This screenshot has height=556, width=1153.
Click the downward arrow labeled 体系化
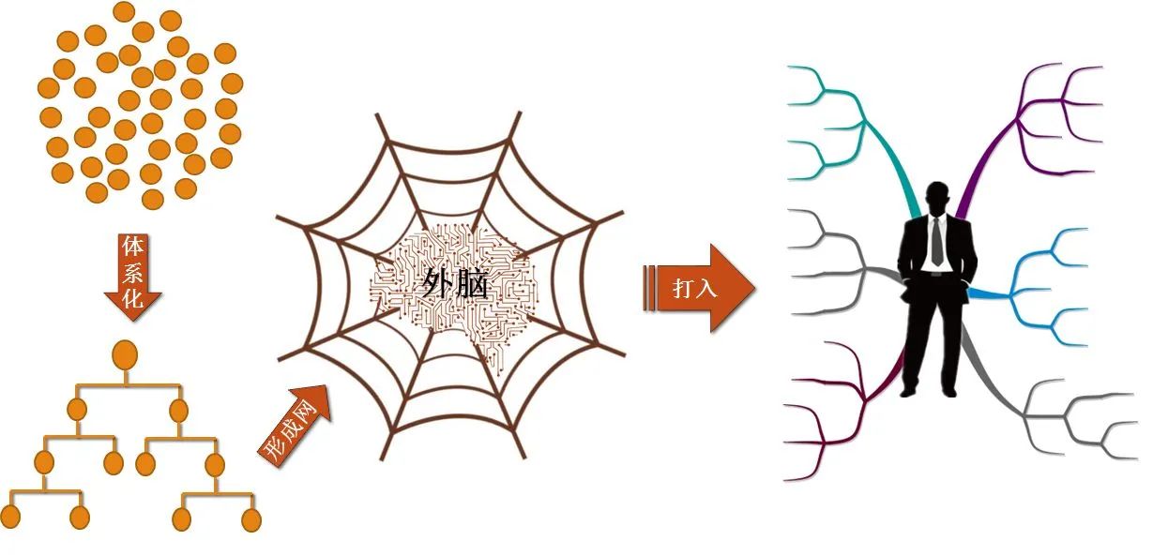pyautogui.click(x=133, y=277)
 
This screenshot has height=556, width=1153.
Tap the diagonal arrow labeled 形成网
pyautogui.click(x=295, y=426)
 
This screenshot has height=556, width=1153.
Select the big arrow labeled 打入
pyautogui.click(x=700, y=288)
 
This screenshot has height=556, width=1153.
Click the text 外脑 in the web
pyautogui.click(x=454, y=283)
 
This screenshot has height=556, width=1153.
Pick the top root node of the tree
pyautogui.click(x=125, y=354)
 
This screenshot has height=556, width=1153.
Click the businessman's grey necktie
pyautogui.click(x=937, y=242)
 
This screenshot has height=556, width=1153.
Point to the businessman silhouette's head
pyautogui.click(x=937, y=199)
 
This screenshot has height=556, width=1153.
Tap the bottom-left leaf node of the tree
pyautogui.click(x=11, y=517)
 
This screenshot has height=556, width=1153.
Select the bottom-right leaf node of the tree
pyautogui.click(x=251, y=519)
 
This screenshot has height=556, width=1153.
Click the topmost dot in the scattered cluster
pyautogui.click(x=124, y=12)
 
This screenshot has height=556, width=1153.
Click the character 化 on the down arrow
pyautogui.click(x=132, y=299)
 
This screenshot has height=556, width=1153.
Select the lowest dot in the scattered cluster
pyautogui.click(x=152, y=199)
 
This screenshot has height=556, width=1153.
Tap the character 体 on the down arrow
pyautogui.click(x=132, y=247)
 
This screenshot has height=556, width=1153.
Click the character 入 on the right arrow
pyautogui.click(x=705, y=288)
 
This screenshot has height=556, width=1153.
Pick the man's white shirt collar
pyautogui.click(x=937, y=220)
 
